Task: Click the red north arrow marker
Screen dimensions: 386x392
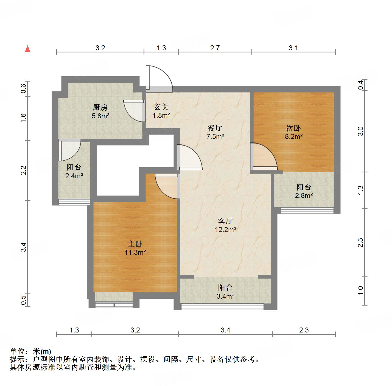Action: tap(27, 49)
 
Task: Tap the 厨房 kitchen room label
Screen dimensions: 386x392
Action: tap(100, 107)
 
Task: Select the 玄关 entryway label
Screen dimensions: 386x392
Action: tap(161, 107)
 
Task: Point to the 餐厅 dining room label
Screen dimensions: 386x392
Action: tap(215, 128)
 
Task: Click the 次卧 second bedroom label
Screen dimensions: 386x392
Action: tap(293, 128)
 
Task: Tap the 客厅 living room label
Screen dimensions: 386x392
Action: tap(225, 221)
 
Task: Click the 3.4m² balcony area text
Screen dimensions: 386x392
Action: tap(226, 296)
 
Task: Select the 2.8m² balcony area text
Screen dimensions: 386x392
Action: tap(304, 196)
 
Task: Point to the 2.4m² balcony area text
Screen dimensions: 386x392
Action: tap(74, 176)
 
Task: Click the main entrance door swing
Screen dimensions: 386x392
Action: tap(159, 78)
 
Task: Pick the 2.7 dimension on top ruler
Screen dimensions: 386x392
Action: tap(215, 48)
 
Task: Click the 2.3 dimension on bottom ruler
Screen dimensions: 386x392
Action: tap(304, 330)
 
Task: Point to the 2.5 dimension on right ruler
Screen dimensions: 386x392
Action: tap(361, 243)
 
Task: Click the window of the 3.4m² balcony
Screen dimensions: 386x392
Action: tap(222, 307)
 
